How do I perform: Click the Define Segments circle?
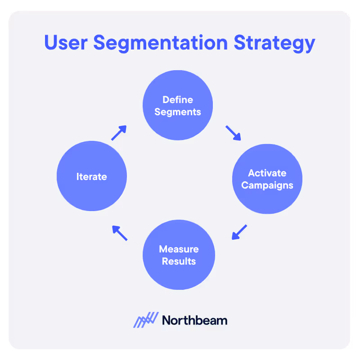click(178, 105)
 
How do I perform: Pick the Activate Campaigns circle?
click(267, 179)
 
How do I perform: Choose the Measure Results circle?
click(179, 255)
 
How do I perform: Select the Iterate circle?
click(92, 176)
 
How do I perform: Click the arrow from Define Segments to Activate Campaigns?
click(233, 133)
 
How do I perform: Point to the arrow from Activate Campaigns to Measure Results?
click(239, 232)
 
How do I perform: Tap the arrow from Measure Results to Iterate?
click(120, 233)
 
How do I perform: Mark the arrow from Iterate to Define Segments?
click(119, 133)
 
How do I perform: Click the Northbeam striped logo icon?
click(146, 320)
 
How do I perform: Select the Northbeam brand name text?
click(194, 320)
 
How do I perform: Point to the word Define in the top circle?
click(178, 99)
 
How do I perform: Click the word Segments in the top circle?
click(178, 112)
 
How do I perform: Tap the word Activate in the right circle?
click(267, 173)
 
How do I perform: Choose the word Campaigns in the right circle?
click(267, 185)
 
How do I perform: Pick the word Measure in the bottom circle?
click(179, 249)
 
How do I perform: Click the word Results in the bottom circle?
click(179, 261)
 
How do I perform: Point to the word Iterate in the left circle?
click(92, 177)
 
